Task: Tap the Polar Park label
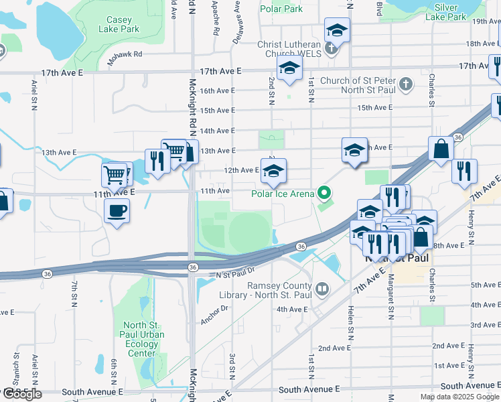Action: tap(281, 9)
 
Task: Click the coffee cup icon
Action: tap(117, 211)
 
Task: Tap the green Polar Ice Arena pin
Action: tap(325, 194)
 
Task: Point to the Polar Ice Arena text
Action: tap(283, 194)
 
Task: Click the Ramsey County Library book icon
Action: tap(323, 289)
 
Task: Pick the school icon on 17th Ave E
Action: tap(289, 68)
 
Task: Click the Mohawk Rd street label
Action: tap(129, 54)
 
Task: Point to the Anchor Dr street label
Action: tap(214, 314)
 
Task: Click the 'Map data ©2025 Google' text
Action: tap(459, 397)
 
